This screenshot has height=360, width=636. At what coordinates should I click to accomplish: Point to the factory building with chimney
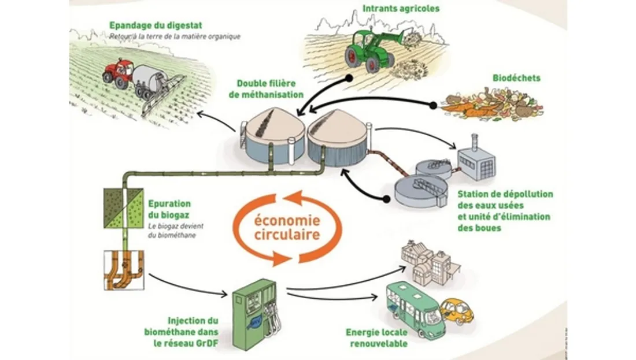click(476, 161)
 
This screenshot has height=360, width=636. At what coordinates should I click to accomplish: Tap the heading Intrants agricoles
click(401, 9)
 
